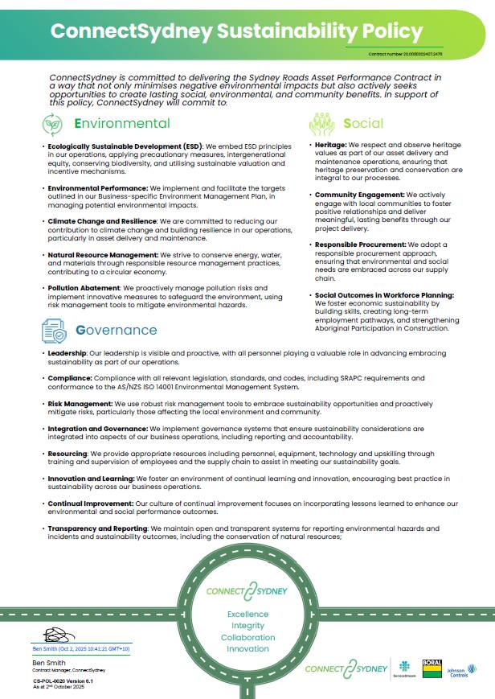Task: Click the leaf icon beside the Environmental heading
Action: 52,124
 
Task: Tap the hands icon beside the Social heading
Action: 321,124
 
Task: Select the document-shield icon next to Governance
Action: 53,330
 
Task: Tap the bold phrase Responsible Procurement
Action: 360,244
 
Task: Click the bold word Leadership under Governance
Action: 67,353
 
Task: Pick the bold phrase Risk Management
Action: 79,402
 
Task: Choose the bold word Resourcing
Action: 67,453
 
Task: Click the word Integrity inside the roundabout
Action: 247,625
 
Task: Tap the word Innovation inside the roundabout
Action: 247,648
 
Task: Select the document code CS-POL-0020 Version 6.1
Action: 58,680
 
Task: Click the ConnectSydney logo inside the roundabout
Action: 247,592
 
